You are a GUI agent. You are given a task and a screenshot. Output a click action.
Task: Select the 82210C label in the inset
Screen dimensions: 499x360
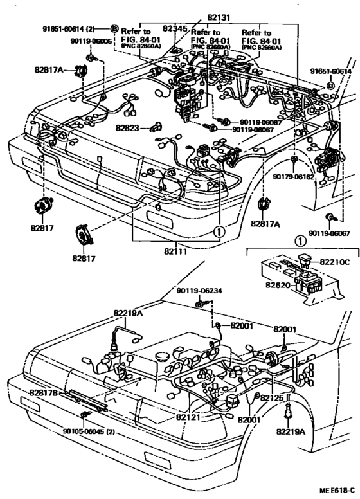point(335,262)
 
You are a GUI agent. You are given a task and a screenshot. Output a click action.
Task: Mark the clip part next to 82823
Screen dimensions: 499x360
point(155,127)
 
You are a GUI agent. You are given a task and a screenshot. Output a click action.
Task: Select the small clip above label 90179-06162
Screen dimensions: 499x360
point(293,158)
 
